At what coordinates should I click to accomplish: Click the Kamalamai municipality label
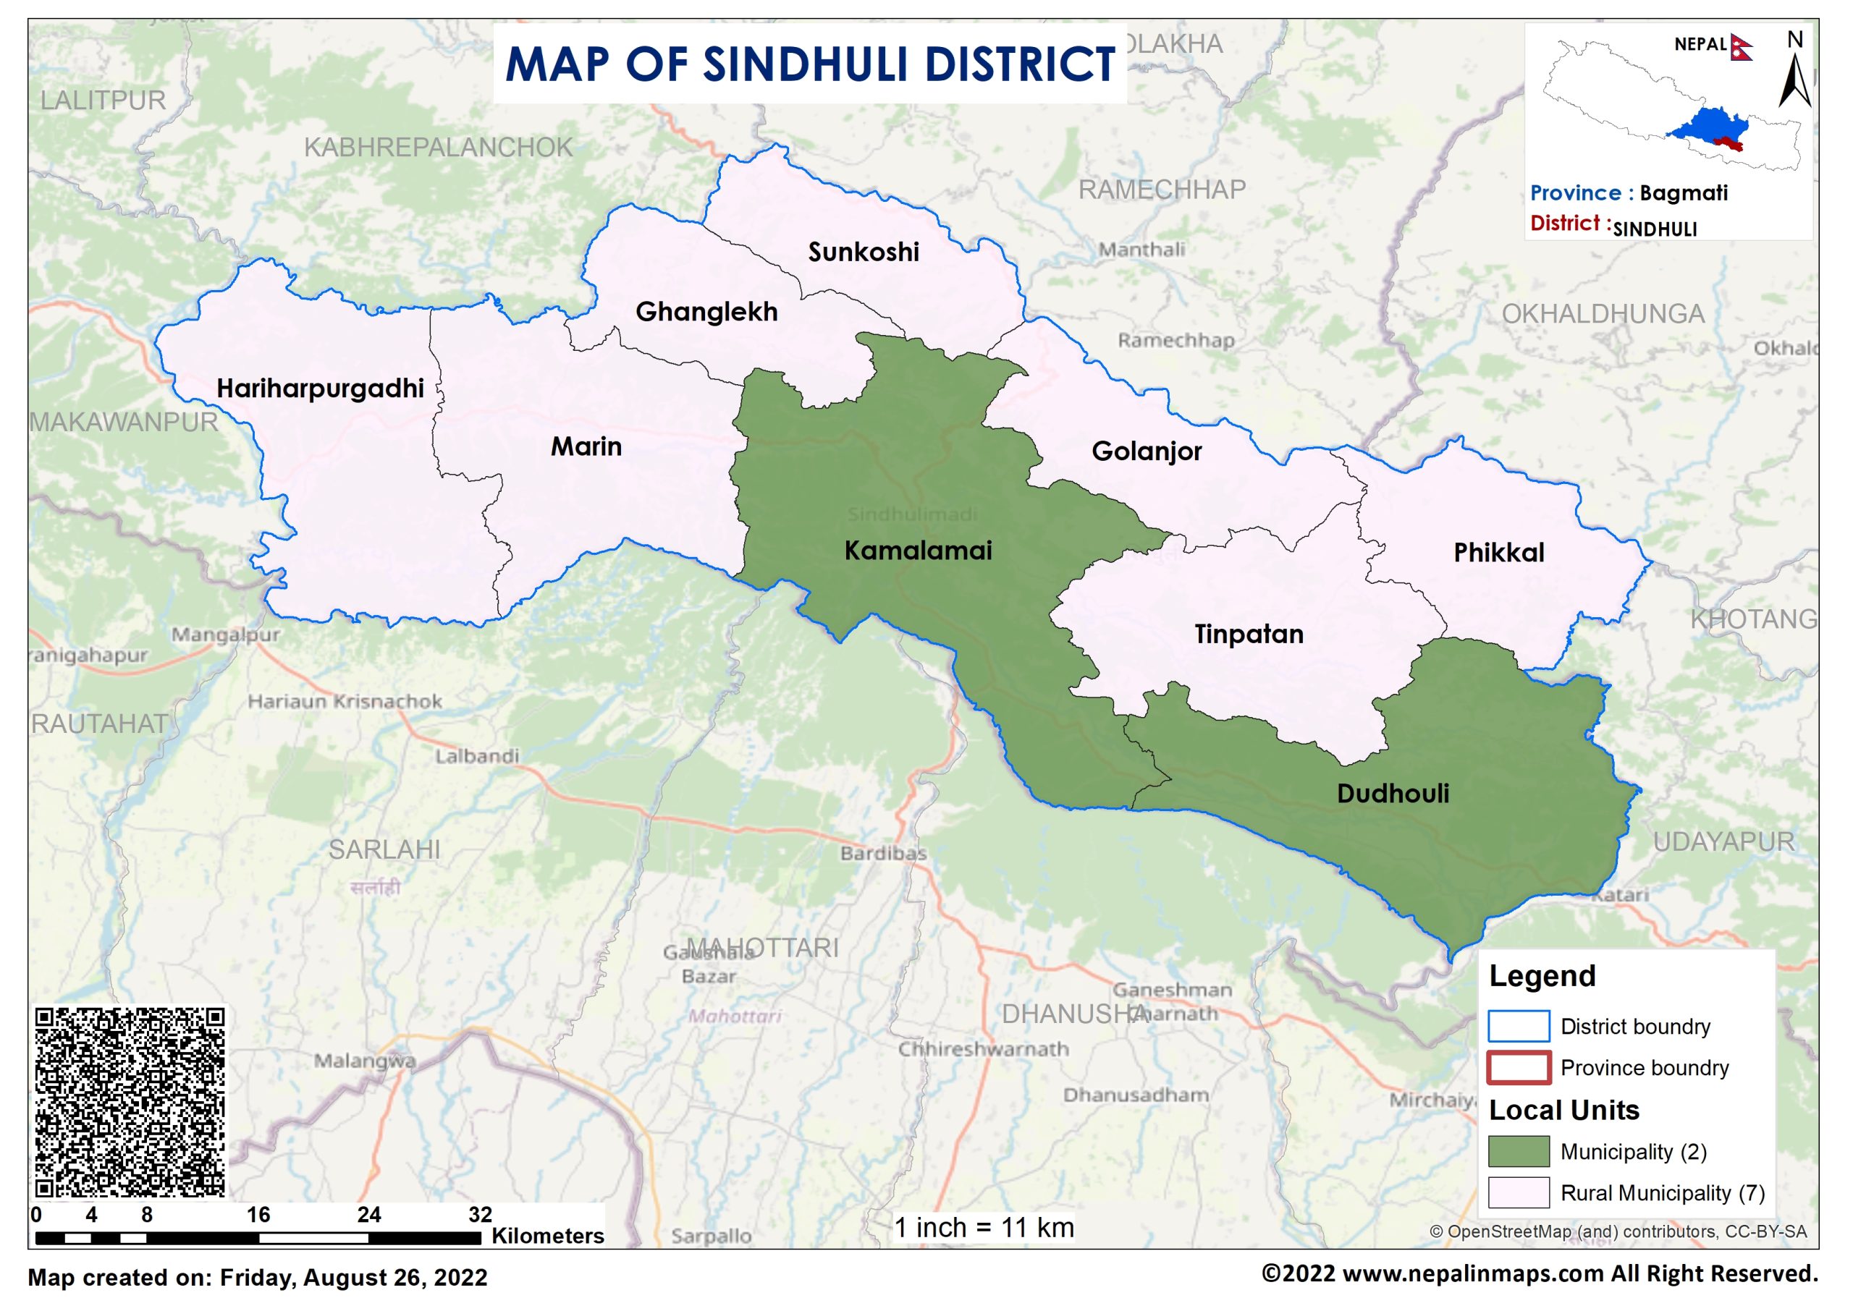[x=918, y=551]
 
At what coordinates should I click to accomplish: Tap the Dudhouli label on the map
[x=1393, y=794]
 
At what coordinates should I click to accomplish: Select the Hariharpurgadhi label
[x=320, y=389]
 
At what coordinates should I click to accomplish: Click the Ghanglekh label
[x=706, y=312]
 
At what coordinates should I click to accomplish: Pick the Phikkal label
[x=1498, y=553]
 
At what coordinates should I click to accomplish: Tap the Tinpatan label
[x=1249, y=635]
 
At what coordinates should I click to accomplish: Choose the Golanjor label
[x=1147, y=451]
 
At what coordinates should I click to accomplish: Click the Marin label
[x=586, y=446]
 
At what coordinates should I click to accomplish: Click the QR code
[x=130, y=1102]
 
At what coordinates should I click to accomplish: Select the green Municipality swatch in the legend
[x=1518, y=1151]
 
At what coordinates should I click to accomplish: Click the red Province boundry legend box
[x=1518, y=1067]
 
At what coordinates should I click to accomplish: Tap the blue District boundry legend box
[x=1518, y=1026]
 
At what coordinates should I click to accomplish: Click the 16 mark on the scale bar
[x=258, y=1215]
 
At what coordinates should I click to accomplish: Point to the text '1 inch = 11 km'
[x=984, y=1228]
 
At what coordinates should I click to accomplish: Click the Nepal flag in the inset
[x=1741, y=48]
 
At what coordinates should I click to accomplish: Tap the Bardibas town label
[x=883, y=853]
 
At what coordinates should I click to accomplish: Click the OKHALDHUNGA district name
[x=1603, y=314]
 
